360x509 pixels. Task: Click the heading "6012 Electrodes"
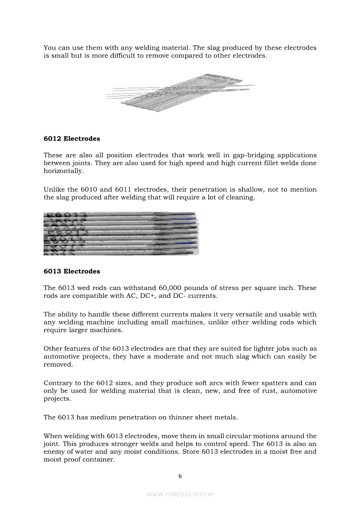click(71, 138)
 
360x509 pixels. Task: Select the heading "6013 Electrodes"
click(71, 271)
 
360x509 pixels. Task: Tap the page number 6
click(180, 476)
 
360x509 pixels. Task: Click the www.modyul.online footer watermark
click(180, 494)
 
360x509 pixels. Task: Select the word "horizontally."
click(63, 171)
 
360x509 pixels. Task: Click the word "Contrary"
click(57, 383)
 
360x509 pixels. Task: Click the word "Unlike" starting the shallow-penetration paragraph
click(54, 189)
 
